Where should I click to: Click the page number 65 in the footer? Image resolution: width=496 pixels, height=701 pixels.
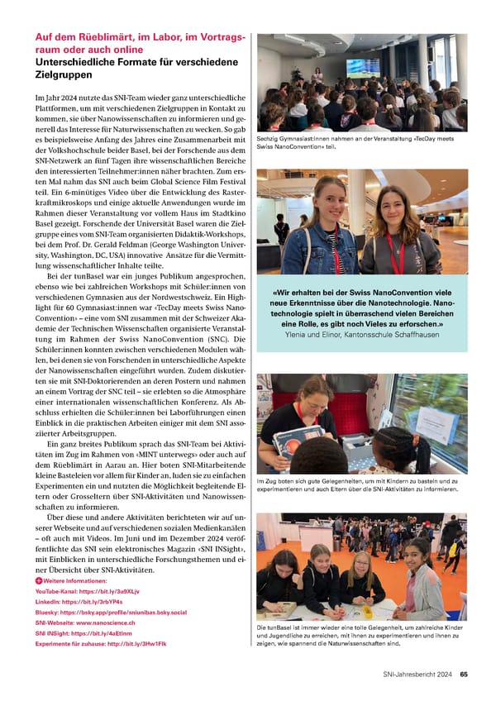tap(464, 674)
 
